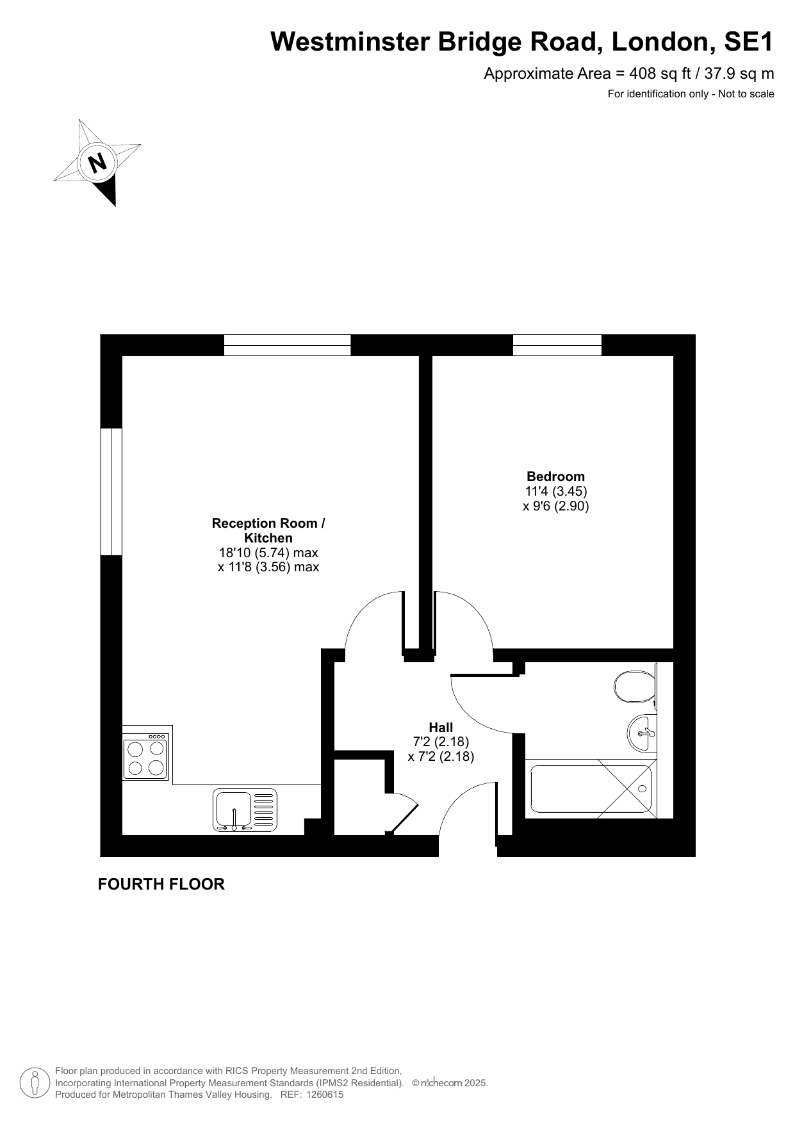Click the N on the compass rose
97,163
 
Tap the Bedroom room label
555,476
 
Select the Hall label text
441,728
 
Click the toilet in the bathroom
634,687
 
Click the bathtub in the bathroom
591,788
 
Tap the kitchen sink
245,810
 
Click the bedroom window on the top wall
557,345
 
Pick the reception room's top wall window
287,345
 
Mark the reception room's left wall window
111,491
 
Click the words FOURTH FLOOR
161,884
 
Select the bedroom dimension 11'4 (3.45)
556,491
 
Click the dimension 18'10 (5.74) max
268,553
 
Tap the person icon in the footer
35,1083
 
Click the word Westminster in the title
350,42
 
